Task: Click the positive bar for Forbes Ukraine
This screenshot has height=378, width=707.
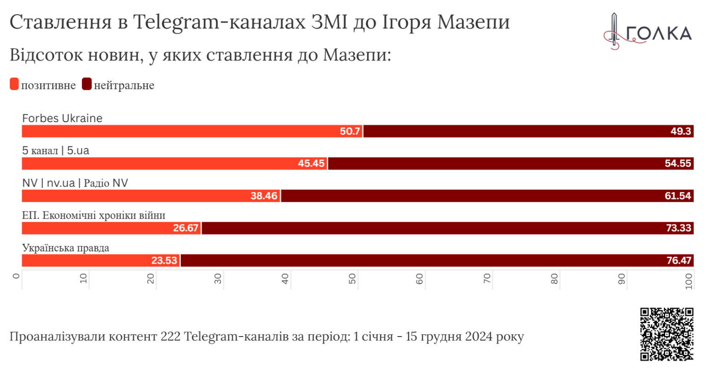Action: [x=192, y=131]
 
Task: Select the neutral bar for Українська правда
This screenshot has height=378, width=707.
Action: [x=437, y=260]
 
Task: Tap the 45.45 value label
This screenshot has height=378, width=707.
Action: [x=311, y=164]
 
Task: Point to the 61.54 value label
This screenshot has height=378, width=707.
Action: [x=678, y=196]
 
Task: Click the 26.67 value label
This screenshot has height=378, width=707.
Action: [x=185, y=228]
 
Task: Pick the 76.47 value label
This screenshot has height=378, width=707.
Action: [x=678, y=260]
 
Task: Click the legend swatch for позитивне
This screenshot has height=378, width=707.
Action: [x=14, y=84]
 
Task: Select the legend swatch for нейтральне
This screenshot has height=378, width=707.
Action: [x=87, y=84]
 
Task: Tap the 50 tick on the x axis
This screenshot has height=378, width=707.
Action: [x=352, y=278]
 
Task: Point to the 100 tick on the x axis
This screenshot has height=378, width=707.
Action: [x=689, y=280]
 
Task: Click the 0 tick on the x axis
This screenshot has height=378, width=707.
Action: [x=17, y=276]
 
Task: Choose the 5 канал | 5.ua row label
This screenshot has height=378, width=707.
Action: [x=56, y=151]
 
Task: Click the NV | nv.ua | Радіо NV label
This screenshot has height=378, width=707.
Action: [x=75, y=183]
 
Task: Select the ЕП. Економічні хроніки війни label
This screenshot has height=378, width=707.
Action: [x=93, y=215]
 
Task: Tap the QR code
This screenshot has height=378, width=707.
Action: [x=666, y=334]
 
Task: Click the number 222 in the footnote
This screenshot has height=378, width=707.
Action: [x=170, y=337]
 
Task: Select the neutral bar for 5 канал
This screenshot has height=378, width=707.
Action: [x=510, y=164]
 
